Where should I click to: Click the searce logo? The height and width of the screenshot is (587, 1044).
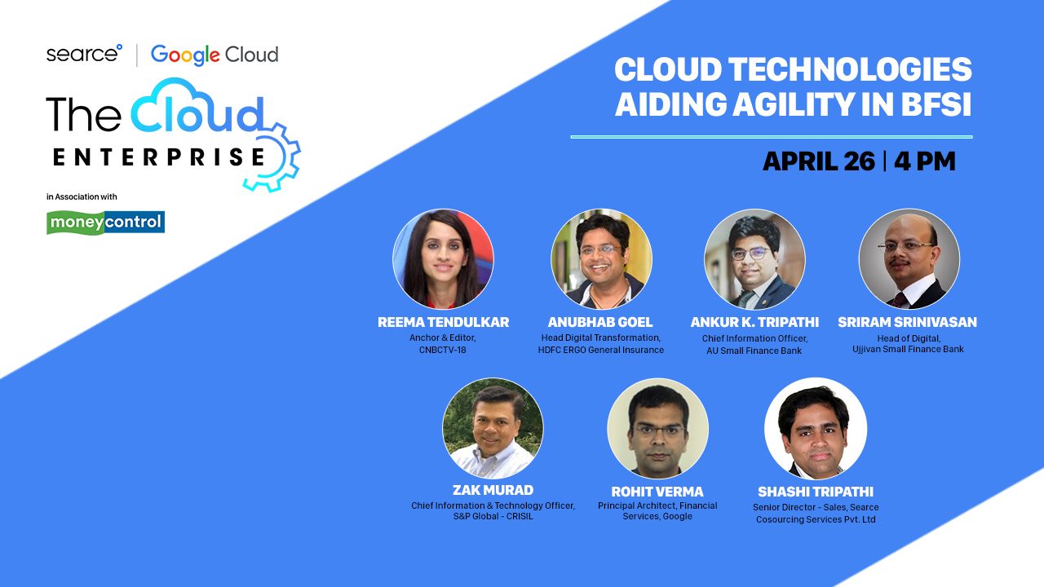coord(84,54)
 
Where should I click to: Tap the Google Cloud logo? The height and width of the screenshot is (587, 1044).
coord(215,55)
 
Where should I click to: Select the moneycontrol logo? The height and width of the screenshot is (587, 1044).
coord(105,223)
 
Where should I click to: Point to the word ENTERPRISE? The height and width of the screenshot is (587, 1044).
coord(159,157)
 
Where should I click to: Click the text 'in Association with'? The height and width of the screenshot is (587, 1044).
coord(82,196)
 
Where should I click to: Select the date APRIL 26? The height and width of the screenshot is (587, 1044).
coord(819,161)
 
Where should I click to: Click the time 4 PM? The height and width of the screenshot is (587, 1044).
coord(925,161)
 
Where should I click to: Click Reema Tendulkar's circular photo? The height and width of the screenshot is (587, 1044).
coord(443,259)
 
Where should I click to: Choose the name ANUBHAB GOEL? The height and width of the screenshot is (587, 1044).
coord(600,322)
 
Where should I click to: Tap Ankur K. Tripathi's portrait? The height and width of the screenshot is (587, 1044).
coord(754,259)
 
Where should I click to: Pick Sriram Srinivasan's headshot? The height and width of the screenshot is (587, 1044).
coord(909,259)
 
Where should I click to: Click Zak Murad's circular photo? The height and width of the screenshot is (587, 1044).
coord(493,428)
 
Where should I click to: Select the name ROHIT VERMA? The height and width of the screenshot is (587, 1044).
coord(657,492)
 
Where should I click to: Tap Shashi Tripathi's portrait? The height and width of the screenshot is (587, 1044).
coord(816,428)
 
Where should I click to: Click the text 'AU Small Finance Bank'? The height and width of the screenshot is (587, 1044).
coord(754,351)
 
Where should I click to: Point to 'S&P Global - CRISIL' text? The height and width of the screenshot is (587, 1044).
coord(493,516)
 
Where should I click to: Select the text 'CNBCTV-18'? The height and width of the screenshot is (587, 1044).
coord(442,350)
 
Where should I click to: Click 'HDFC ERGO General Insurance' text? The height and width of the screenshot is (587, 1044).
coord(601,350)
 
